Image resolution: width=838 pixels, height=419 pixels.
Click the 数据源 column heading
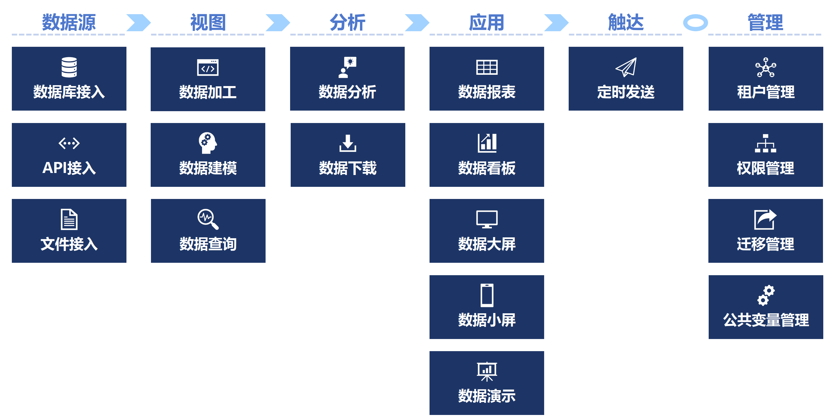coord(69,23)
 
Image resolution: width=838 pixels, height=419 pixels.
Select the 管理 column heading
coord(766,23)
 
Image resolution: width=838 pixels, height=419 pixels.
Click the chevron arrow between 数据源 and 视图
coord(139,23)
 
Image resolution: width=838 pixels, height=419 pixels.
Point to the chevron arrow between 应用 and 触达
coord(556,23)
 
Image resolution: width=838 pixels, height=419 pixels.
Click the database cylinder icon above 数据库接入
coord(69,67)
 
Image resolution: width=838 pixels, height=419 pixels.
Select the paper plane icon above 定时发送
coord(626,67)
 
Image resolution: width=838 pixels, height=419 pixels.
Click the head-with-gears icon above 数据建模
coord(208,143)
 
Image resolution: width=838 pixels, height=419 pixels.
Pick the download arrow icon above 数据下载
coord(348,143)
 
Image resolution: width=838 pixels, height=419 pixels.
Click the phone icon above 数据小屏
coord(487,295)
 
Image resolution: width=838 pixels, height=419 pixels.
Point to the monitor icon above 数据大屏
coord(487,219)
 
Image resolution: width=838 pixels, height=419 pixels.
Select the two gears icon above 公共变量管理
coord(766,295)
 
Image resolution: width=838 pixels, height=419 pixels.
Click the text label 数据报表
coord(487,92)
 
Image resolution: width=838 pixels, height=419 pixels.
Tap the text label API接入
coord(69,168)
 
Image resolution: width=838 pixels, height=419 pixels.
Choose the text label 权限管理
coord(766,168)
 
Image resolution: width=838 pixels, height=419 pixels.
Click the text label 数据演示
coord(487,396)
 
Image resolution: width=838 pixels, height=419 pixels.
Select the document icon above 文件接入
coord(69,219)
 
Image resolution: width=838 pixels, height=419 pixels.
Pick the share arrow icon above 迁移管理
coord(766,219)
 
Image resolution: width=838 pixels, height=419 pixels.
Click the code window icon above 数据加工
coord(208,67)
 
